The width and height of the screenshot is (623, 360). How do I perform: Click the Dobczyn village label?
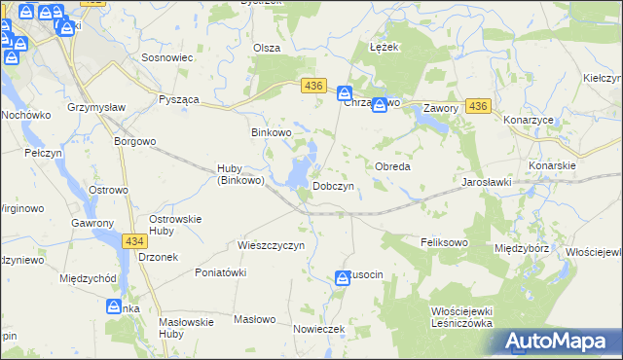[x=339, y=185]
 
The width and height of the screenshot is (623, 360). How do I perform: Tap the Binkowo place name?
[x=272, y=132]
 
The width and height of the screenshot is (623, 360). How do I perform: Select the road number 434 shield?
[x=135, y=239]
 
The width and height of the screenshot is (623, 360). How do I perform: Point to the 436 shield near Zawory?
[x=477, y=105]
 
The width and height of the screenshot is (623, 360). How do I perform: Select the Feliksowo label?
[x=444, y=241]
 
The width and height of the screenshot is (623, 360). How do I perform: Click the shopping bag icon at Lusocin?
[x=343, y=278]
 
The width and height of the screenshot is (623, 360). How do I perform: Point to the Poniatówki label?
[x=219, y=273]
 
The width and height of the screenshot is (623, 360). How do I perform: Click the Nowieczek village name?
[x=319, y=329]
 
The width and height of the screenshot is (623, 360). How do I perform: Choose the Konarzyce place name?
[x=527, y=120]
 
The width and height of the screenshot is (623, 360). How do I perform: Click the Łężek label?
[x=385, y=47]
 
